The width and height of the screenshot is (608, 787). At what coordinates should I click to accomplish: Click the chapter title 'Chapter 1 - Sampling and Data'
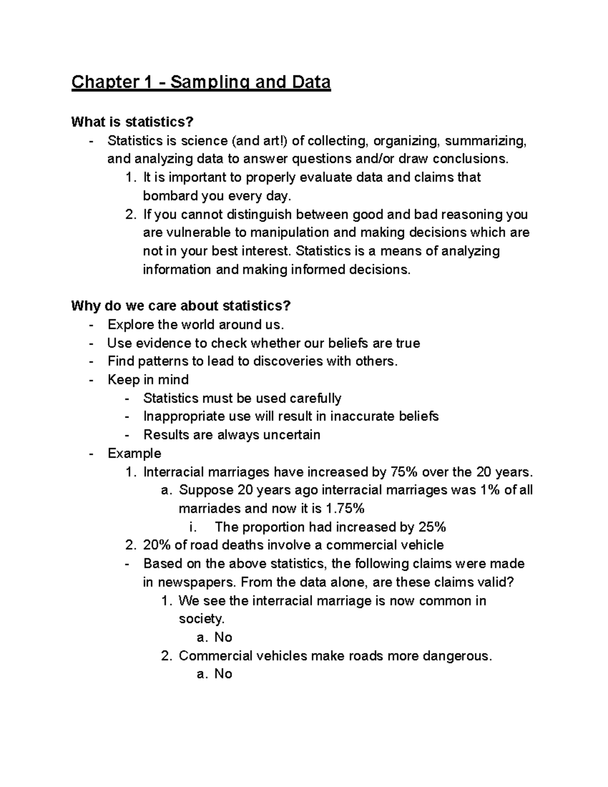(201, 82)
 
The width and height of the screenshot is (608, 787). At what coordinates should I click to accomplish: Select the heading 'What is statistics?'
(132, 122)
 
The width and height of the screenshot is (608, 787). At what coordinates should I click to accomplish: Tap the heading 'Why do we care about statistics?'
(181, 306)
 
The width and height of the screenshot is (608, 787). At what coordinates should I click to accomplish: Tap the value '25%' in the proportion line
(432, 528)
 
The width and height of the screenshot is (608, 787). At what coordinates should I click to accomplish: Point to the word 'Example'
(134, 454)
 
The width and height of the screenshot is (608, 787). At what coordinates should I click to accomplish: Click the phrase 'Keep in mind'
(148, 380)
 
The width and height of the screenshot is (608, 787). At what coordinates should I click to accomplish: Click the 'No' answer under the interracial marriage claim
(223, 638)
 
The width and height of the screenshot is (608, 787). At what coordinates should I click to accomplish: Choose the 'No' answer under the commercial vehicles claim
(223, 674)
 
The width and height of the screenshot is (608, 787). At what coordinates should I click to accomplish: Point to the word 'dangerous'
(457, 656)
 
